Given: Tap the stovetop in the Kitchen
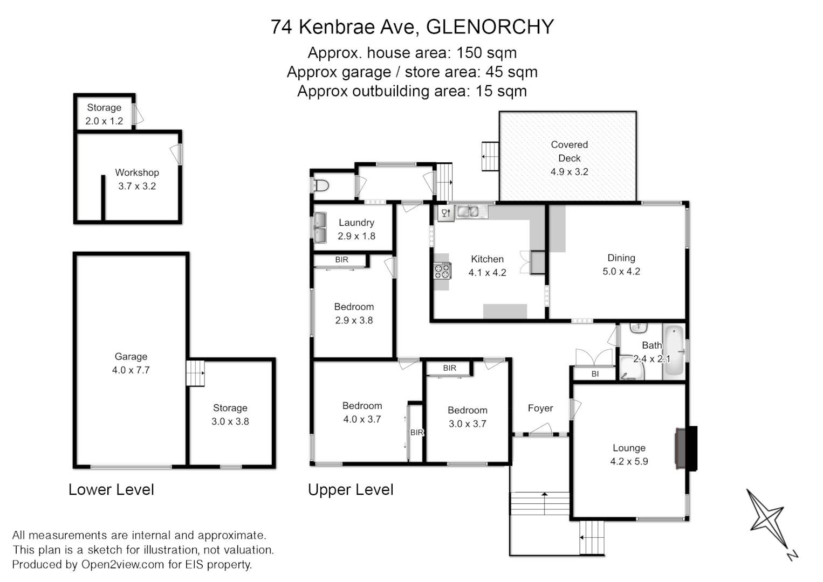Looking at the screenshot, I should [443, 271].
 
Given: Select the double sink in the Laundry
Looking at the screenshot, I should [320, 228].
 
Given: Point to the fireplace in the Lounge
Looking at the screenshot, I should [685, 448].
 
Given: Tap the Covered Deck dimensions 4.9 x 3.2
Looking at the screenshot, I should [569, 172].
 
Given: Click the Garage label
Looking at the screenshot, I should [131, 356].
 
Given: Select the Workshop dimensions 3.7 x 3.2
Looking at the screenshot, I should [137, 186].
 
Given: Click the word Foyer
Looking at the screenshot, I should [540, 408].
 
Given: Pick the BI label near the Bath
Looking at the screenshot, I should [595, 373].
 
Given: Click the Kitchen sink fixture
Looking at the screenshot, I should [468, 212].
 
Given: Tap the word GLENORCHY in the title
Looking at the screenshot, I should [490, 27].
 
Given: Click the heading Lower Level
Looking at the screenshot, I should [111, 490].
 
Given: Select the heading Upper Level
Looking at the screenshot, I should [351, 490].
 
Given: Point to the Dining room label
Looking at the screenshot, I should [621, 258].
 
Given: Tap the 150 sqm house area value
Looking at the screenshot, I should [486, 53].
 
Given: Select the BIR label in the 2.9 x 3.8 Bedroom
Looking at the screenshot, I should [341, 260].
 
